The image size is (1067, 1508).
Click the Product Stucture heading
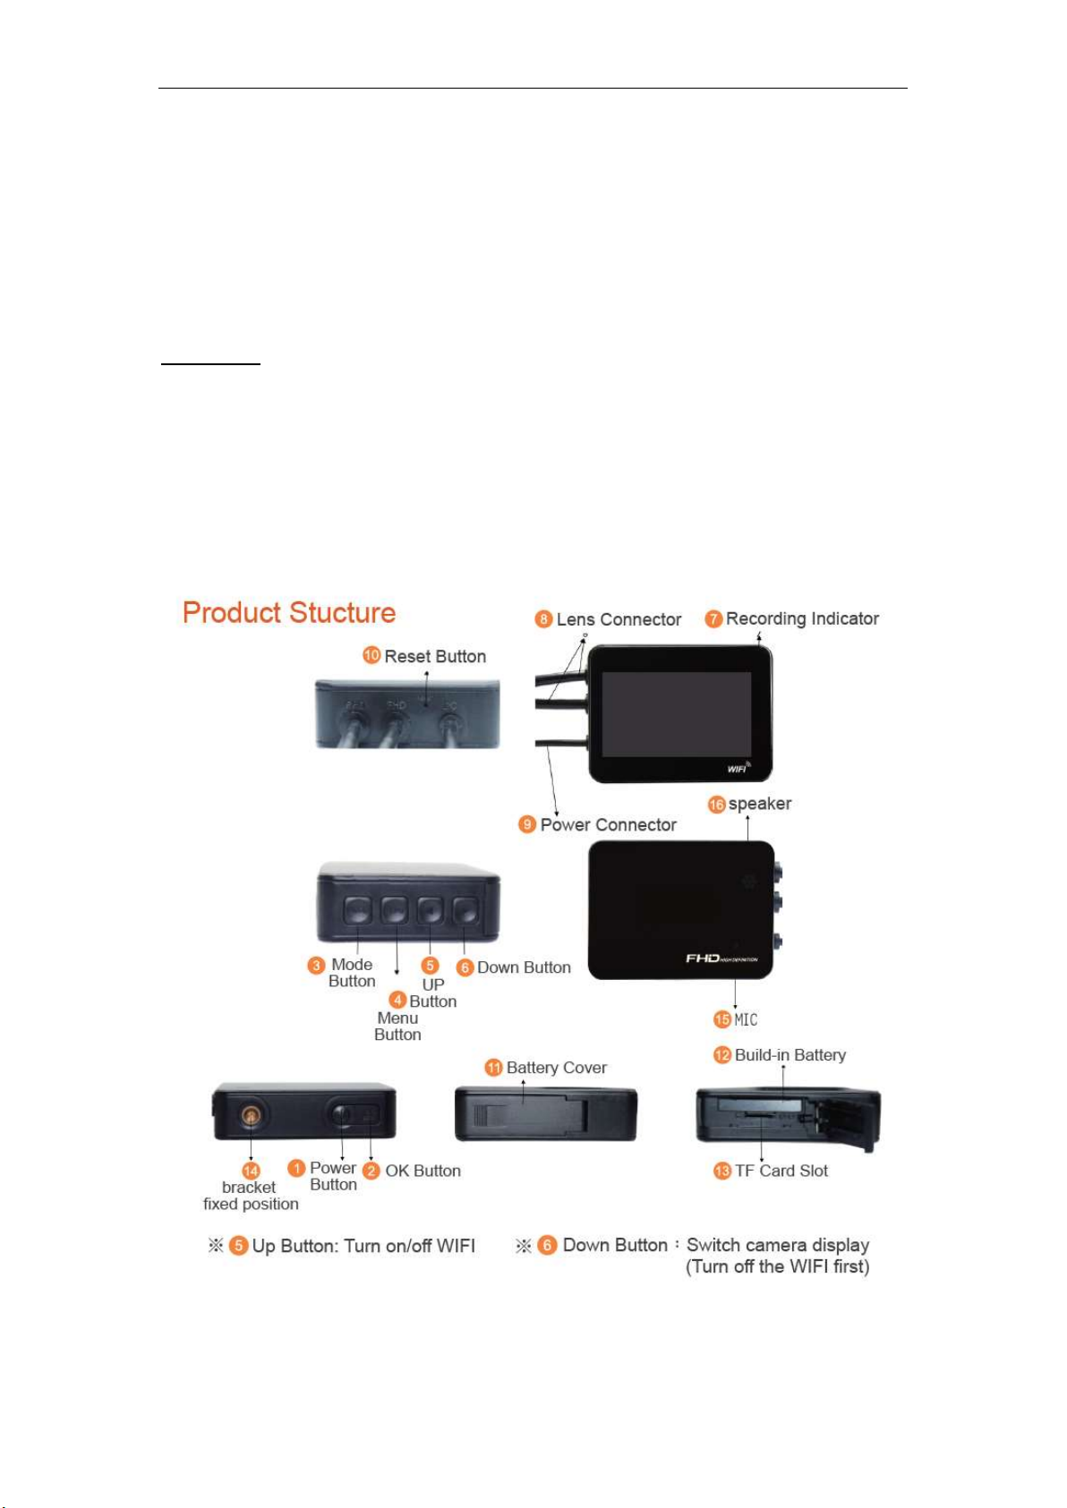coord(288,613)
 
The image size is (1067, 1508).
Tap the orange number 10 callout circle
coord(371,655)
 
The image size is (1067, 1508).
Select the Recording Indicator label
coord(802,618)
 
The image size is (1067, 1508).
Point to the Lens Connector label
coord(619,619)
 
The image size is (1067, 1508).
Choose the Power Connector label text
coord(608,825)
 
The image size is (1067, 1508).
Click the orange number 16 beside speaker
coord(716,805)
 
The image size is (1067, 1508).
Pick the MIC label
coord(746,1019)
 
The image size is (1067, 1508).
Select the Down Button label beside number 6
coord(524,967)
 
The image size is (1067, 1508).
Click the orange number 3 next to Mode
coord(316,966)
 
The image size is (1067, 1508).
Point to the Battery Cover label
coord(556,1068)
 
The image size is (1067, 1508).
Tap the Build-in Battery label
coord(790,1055)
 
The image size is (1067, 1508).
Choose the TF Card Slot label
coord(781,1171)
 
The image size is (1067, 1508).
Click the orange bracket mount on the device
coord(252,1115)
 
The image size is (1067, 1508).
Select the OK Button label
coord(423,1171)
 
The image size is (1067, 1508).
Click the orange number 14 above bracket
coord(252,1171)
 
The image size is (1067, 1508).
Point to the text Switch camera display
coord(778,1245)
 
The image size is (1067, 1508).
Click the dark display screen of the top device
coord(676,713)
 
